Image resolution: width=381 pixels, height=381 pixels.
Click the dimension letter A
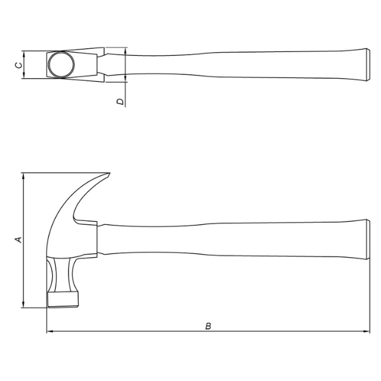(x=18, y=239)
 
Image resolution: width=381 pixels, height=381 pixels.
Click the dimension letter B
(x=208, y=326)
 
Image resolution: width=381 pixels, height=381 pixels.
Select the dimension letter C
(x=18, y=64)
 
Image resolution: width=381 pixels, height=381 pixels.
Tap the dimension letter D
(x=119, y=101)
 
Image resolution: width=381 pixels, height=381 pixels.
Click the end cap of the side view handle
(x=366, y=240)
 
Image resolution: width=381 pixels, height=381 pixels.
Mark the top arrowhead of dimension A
(x=23, y=176)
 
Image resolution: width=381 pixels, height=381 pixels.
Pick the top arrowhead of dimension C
(x=23, y=53)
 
